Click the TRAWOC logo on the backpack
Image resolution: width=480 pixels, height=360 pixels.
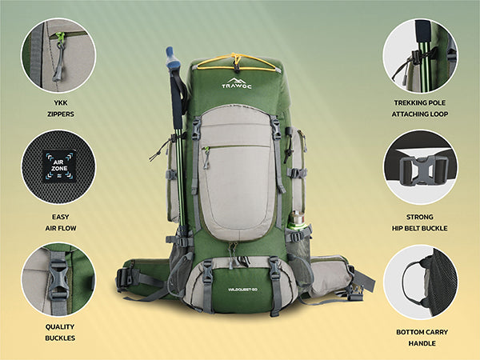(x=237, y=83)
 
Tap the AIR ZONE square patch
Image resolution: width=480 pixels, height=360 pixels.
(x=59, y=166)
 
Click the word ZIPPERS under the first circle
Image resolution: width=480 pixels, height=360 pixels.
(x=61, y=114)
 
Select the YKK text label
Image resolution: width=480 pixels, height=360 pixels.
(x=61, y=103)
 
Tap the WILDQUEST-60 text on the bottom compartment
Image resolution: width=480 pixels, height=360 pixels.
(x=242, y=290)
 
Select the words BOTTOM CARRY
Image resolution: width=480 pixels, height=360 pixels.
(x=422, y=332)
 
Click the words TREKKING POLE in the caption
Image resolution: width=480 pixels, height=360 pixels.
(x=420, y=103)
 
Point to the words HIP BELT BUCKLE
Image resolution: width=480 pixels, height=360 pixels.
(x=420, y=228)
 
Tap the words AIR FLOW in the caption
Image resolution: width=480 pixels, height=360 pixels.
(x=61, y=228)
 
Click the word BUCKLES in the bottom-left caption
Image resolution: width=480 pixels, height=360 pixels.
(x=60, y=338)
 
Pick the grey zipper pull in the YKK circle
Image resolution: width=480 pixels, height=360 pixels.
(x=58, y=62)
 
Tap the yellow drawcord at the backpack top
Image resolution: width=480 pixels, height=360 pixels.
(x=236, y=62)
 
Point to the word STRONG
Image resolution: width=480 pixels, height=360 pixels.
(x=420, y=217)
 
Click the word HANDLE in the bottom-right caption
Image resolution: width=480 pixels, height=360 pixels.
(x=422, y=343)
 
